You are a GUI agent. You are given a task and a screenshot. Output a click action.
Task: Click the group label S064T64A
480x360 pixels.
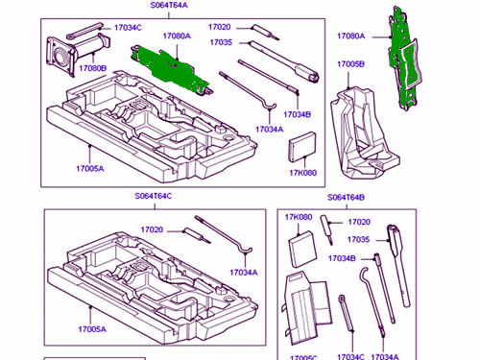pyautogui.click(x=169, y=6)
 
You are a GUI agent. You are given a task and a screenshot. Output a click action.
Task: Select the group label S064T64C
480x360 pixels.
pyautogui.click(x=154, y=196)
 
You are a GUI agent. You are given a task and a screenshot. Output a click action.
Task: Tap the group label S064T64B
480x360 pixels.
pyautogui.click(x=346, y=197)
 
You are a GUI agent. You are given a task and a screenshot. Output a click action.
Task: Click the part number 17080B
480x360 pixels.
pyautogui.click(x=93, y=68)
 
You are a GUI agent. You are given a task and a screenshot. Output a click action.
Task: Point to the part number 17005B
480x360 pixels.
pyautogui.click(x=350, y=64)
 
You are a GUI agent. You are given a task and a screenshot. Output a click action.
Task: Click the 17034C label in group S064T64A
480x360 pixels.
pyautogui.click(x=128, y=28)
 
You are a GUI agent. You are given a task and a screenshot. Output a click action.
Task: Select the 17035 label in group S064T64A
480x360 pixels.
pyautogui.click(x=221, y=42)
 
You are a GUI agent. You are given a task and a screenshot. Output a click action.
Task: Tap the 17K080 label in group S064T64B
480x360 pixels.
pyautogui.click(x=299, y=217)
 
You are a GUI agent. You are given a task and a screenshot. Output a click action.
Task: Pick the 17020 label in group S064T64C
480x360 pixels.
pyautogui.click(x=152, y=229)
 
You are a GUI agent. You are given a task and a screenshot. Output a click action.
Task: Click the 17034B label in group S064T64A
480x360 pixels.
pyautogui.click(x=297, y=114)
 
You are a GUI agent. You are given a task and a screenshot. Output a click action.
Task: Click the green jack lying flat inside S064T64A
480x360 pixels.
pyautogui.click(x=171, y=69)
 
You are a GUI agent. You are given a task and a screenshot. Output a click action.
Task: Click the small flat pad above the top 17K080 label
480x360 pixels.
pyautogui.click(x=302, y=147)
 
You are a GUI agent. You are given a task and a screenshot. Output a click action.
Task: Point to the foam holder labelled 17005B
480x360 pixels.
pyautogui.click(x=363, y=132)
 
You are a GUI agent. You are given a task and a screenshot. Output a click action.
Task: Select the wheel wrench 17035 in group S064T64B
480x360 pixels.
pyautogui.click(x=398, y=266)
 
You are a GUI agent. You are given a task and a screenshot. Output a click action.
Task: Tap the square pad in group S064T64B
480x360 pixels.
pyautogui.click(x=302, y=249)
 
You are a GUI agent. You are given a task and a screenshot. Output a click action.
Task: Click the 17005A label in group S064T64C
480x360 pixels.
pyautogui.click(x=92, y=329)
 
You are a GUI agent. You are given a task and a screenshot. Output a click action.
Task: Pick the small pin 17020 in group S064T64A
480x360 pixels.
pyautogui.click(x=266, y=33)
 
